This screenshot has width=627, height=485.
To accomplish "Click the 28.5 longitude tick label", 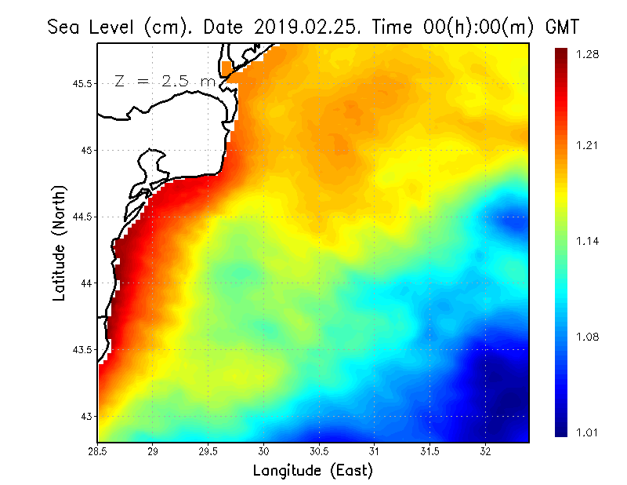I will click(x=98, y=451).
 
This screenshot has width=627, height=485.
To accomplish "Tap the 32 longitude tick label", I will click(x=486, y=451).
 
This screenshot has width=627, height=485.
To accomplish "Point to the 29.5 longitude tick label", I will click(x=209, y=451).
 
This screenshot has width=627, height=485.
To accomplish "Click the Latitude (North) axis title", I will click(x=60, y=242).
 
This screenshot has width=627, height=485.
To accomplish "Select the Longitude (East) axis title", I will click(x=313, y=470).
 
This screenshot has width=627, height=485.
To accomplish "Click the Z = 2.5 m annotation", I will click(x=164, y=81).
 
